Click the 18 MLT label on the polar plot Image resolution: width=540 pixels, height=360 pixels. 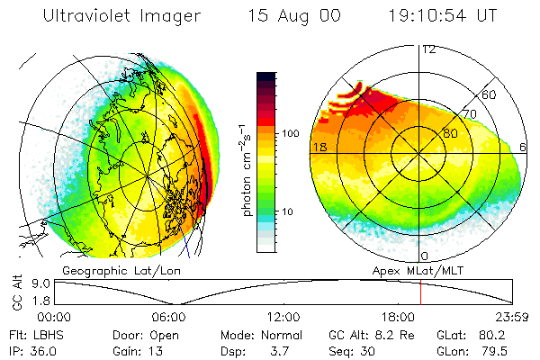(x=319, y=147)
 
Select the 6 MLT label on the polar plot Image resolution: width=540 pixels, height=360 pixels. (x=523, y=147)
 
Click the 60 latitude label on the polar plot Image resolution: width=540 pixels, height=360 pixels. (x=490, y=94)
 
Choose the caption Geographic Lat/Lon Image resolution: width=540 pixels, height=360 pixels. (x=107, y=270)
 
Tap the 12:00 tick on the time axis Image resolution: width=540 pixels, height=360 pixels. (x=283, y=317)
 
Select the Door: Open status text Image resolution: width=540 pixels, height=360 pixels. (x=143, y=334)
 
